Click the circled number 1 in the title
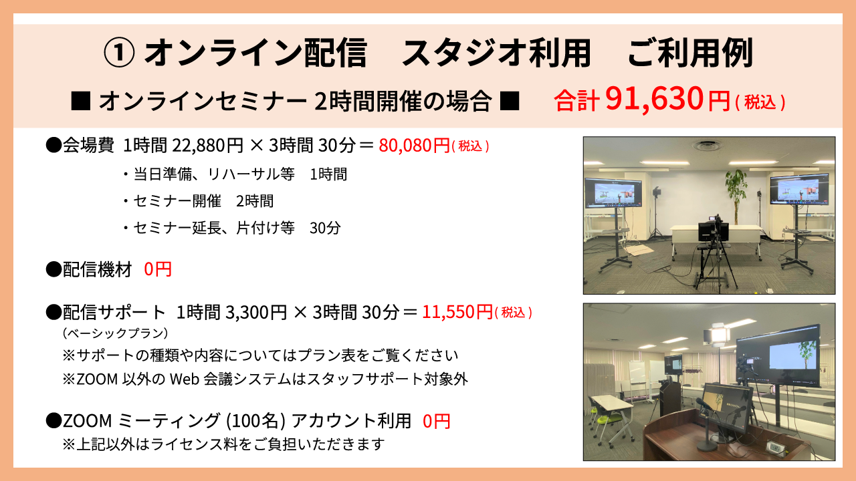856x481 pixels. (119, 53)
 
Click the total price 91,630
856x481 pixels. (654, 100)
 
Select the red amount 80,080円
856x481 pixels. (414, 145)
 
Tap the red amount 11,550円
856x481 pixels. (457, 312)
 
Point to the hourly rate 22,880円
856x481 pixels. (207, 145)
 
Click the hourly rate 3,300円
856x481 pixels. (256, 312)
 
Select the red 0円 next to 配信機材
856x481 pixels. (158, 269)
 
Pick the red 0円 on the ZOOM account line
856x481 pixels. (437, 421)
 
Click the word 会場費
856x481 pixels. (88, 145)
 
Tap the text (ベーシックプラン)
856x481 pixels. (116, 333)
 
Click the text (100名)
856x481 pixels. (255, 421)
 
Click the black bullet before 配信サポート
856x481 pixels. (53, 312)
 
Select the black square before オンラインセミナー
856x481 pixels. (81, 101)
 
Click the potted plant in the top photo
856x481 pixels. (736, 194)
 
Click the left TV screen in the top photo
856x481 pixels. (613, 193)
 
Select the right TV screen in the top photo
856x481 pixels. (799, 189)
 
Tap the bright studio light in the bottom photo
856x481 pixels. (719, 335)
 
